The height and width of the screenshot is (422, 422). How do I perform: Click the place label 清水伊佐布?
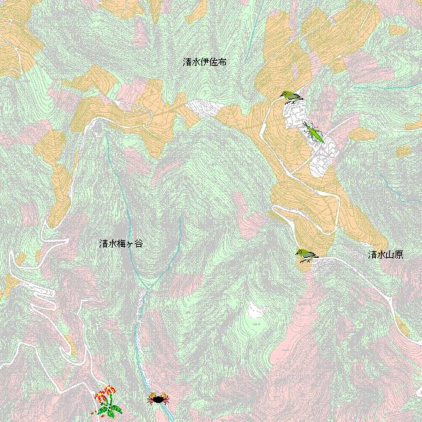tap(205, 63)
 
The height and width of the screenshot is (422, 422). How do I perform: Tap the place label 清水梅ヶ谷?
tap(121, 243)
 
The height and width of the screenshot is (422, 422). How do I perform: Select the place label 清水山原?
tap(385, 255)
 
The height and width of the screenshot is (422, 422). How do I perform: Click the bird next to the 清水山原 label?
tap(306, 255)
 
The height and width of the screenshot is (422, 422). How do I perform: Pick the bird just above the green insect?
tap(292, 97)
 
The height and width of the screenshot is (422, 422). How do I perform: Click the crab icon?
tap(158, 399)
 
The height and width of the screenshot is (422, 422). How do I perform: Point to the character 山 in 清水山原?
tap(390, 255)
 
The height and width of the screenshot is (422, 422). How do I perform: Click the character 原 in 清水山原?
tap(399, 255)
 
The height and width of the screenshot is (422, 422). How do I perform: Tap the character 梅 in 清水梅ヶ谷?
tap(121, 243)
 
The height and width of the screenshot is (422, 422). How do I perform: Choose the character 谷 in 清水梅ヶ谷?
tap(138, 243)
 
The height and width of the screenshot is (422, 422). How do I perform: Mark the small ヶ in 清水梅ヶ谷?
tap(130, 244)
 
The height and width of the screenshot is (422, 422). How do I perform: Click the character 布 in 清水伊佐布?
tap(223, 63)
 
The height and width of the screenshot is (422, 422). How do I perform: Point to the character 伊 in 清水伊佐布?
tap(205, 63)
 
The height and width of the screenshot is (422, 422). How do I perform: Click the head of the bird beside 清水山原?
tap(299, 252)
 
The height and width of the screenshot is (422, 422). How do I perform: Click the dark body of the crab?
tap(158, 399)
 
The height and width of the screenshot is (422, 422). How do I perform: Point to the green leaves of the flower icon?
tap(108, 410)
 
